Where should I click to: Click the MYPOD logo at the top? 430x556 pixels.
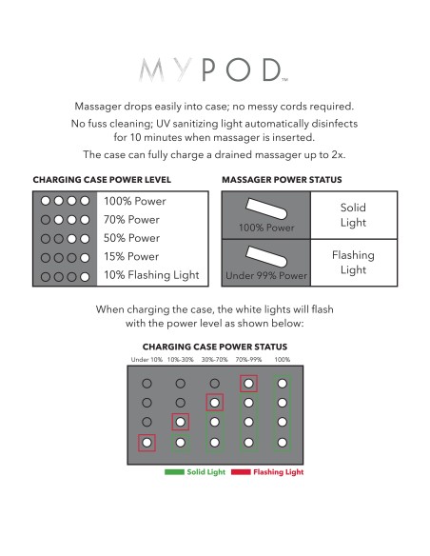tap(213, 69)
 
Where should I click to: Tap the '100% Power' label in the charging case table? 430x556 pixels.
tap(134, 201)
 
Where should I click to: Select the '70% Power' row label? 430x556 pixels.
tap(131, 220)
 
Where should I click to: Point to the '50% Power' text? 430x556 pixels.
tap(131, 238)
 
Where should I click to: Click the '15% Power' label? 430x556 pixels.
tap(131, 256)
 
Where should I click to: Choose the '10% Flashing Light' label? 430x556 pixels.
tap(151, 275)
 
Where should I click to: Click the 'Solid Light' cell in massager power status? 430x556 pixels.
tap(353, 215)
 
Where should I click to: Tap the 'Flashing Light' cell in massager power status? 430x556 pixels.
tap(353, 263)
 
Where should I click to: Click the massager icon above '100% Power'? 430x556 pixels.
tap(266, 208)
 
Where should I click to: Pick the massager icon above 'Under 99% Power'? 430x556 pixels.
tap(266, 256)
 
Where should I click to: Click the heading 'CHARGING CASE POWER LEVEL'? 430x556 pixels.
tap(102, 180)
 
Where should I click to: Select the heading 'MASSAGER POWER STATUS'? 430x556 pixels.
tap(282, 180)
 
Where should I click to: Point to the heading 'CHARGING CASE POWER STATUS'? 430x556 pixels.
tap(215, 347)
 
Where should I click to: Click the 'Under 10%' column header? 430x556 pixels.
tap(147, 360)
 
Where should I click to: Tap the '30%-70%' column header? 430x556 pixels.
tap(215, 360)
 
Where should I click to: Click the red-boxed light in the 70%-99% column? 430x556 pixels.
tap(248, 384)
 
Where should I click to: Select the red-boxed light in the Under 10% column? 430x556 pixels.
tap(147, 443)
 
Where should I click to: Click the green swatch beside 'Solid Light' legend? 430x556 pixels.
tap(174, 472)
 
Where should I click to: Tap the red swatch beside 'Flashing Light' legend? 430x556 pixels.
tap(241, 472)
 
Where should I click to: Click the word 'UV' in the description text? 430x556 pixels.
tap(163, 124)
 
